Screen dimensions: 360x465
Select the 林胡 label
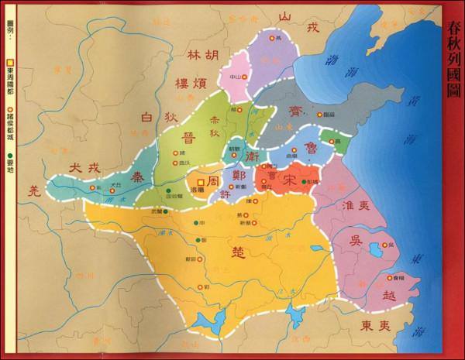205,56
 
